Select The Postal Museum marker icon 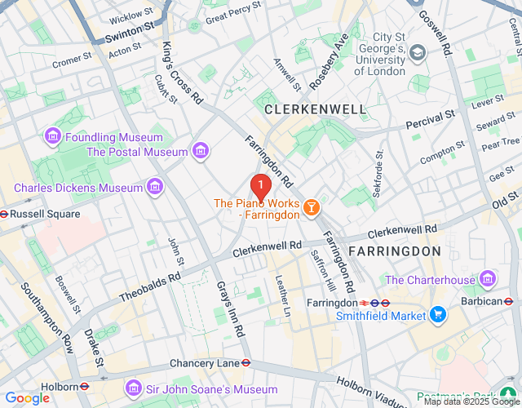click(200, 151)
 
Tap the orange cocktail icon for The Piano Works click(311, 210)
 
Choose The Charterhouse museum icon click(488, 280)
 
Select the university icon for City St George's click(418, 53)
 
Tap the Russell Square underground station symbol click(4, 214)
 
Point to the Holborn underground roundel click(84, 386)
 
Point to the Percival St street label click(431, 120)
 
